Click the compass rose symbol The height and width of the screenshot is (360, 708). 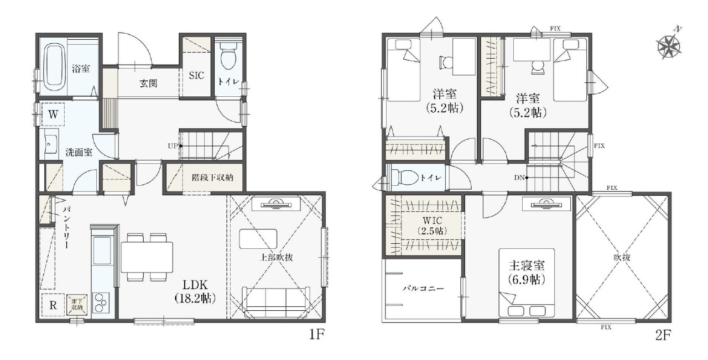(x=669, y=46)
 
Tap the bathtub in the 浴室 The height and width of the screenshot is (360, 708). (x=54, y=67)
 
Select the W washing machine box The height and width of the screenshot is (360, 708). (x=53, y=114)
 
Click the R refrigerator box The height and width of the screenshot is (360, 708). (x=53, y=306)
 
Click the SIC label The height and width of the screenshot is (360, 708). (x=196, y=76)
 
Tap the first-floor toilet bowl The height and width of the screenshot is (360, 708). (x=228, y=56)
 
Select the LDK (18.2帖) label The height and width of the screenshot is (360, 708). (x=195, y=292)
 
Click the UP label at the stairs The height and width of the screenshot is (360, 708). (x=173, y=146)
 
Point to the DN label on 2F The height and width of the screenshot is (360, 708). (x=519, y=178)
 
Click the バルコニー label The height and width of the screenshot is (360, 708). (x=423, y=289)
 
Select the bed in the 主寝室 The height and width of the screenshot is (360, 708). (x=527, y=283)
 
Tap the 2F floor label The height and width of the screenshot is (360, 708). (x=663, y=335)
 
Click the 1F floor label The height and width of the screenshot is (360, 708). (x=317, y=335)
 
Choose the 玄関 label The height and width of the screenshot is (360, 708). (x=149, y=84)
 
